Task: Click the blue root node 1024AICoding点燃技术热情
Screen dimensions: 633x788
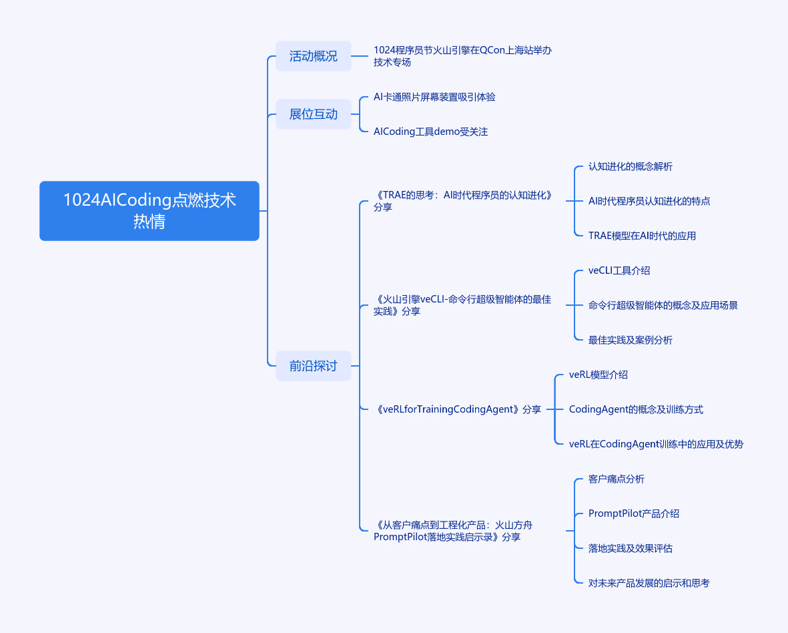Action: point(149,210)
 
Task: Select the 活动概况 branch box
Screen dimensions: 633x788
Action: point(313,56)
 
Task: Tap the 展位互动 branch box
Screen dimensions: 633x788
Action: point(313,114)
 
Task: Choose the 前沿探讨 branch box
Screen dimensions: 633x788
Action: point(313,366)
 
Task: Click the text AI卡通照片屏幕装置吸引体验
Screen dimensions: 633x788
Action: point(434,97)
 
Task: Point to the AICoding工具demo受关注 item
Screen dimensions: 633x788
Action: point(430,132)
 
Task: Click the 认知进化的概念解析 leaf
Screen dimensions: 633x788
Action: point(630,166)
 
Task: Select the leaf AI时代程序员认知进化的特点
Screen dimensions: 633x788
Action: point(649,201)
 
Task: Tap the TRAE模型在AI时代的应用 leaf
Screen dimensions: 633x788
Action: point(642,236)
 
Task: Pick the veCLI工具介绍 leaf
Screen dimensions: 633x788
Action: point(619,270)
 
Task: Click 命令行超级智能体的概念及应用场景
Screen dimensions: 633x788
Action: point(663,305)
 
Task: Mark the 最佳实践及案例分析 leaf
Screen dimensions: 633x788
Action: point(630,340)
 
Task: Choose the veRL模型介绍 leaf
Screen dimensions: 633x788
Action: point(598,375)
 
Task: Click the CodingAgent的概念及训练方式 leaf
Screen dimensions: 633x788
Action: point(635,409)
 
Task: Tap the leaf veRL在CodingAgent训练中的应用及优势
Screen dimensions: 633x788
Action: point(655,444)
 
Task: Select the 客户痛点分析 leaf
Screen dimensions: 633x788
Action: point(616,479)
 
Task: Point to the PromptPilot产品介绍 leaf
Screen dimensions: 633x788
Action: point(633,513)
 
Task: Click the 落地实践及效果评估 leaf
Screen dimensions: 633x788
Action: point(630,548)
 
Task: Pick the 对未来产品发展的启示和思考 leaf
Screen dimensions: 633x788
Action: point(649,583)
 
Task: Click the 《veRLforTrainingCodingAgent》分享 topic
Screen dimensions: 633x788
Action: point(458,409)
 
